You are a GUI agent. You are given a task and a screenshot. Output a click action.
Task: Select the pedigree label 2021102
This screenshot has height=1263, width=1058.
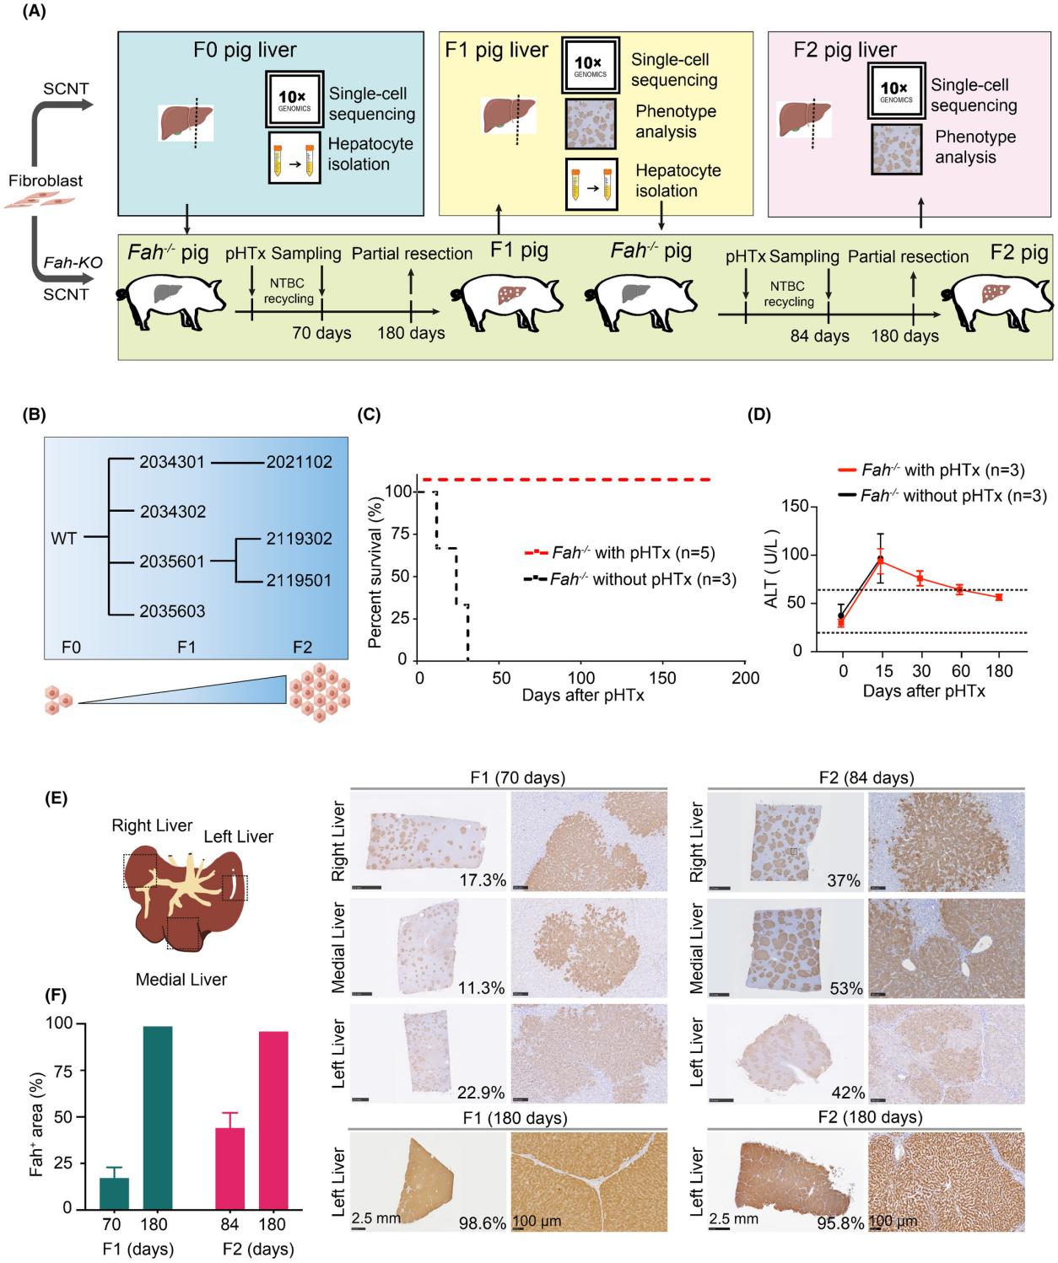click(299, 462)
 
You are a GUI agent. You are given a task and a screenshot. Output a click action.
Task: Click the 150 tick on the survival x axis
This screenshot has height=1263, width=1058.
click(663, 678)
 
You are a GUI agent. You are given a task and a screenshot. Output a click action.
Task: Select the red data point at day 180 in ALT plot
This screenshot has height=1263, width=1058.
click(999, 597)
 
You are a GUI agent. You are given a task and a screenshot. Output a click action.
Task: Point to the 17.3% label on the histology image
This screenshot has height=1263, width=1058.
click(483, 881)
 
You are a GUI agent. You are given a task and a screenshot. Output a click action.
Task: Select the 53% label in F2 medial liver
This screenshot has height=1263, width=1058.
click(845, 988)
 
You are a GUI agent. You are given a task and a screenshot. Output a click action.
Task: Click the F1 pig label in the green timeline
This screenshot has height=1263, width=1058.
click(519, 250)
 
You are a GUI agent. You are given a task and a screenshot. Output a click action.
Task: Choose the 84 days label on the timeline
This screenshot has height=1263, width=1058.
click(818, 336)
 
